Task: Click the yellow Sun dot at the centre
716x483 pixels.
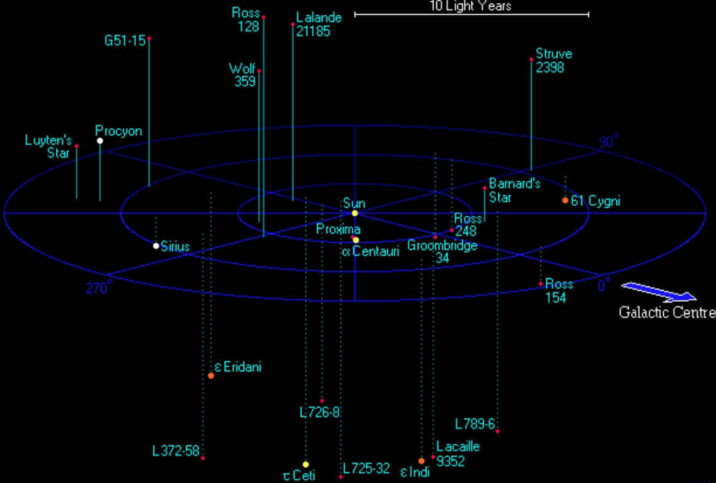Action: click(x=355, y=213)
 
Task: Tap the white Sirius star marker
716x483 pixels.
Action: click(x=156, y=246)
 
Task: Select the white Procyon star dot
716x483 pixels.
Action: click(x=100, y=141)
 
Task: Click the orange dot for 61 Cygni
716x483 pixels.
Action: click(x=565, y=200)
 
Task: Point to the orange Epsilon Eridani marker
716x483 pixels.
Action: click(x=211, y=375)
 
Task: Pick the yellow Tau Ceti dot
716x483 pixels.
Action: click(x=305, y=465)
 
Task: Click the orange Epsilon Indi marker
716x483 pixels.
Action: click(x=422, y=461)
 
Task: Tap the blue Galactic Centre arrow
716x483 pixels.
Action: click(x=658, y=292)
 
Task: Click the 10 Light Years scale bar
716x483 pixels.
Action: click(x=472, y=15)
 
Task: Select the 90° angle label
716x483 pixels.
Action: click(x=608, y=141)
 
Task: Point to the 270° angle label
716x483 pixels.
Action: click(x=98, y=288)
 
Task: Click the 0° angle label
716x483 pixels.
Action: click(x=604, y=285)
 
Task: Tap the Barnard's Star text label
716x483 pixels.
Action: click(x=514, y=191)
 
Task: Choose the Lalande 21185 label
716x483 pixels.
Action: click(x=319, y=24)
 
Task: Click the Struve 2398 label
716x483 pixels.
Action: click(x=553, y=60)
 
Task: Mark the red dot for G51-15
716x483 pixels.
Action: click(x=149, y=38)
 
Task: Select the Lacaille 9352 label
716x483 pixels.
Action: click(x=458, y=454)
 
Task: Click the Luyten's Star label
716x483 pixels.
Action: click(x=48, y=146)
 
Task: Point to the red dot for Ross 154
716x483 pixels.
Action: click(x=541, y=284)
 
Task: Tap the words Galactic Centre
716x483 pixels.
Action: click(x=667, y=313)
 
